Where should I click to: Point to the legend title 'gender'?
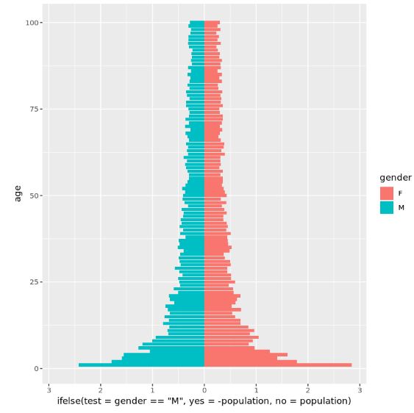(395, 178)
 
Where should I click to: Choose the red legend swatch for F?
(386, 193)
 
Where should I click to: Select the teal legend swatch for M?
(386, 207)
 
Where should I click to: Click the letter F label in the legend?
(401, 193)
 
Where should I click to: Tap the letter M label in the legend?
(401, 207)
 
